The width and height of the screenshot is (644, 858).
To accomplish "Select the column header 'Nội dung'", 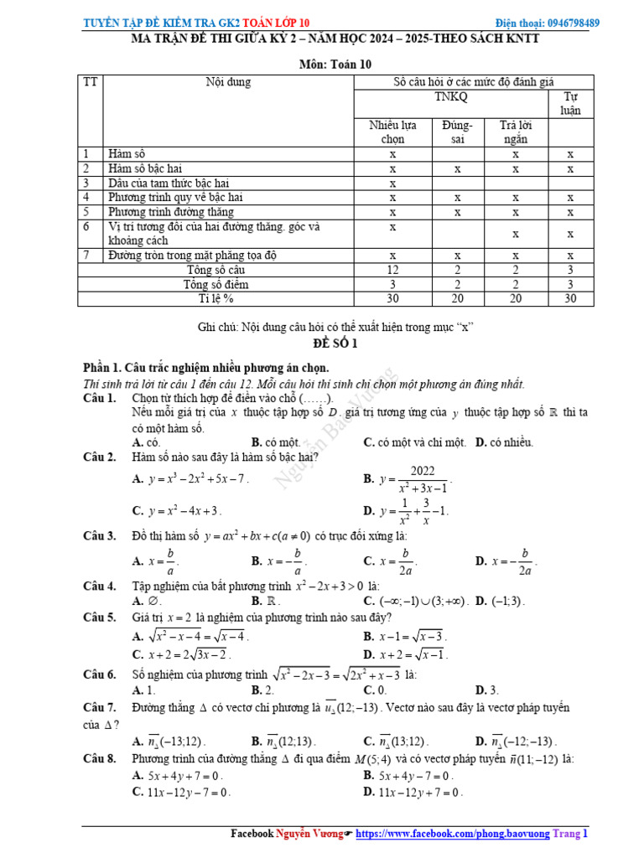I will click(x=228, y=82).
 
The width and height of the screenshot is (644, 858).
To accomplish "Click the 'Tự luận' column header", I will click(x=570, y=104).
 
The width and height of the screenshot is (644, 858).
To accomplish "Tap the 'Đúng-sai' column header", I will click(x=457, y=132).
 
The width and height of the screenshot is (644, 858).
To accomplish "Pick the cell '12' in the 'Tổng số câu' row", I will click(x=392, y=270).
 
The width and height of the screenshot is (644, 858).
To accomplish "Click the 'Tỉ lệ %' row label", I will click(x=216, y=298).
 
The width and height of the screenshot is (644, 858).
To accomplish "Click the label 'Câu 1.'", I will click(x=100, y=399).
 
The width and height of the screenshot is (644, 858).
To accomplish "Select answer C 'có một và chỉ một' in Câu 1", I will click(x=414, y=442).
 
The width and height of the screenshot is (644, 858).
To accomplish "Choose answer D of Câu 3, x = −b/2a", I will click(x=505, y=561).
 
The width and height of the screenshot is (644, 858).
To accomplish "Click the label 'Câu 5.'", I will click(x=100, y=618).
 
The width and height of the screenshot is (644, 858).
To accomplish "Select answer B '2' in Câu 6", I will click(x=263, y=690).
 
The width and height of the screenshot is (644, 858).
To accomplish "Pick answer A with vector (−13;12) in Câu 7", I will click(x=169, y=742).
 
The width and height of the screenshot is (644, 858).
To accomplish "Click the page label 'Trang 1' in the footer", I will click(x=574, y=835).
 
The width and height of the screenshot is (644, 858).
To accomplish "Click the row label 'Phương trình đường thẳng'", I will click(x=172, y=212).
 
